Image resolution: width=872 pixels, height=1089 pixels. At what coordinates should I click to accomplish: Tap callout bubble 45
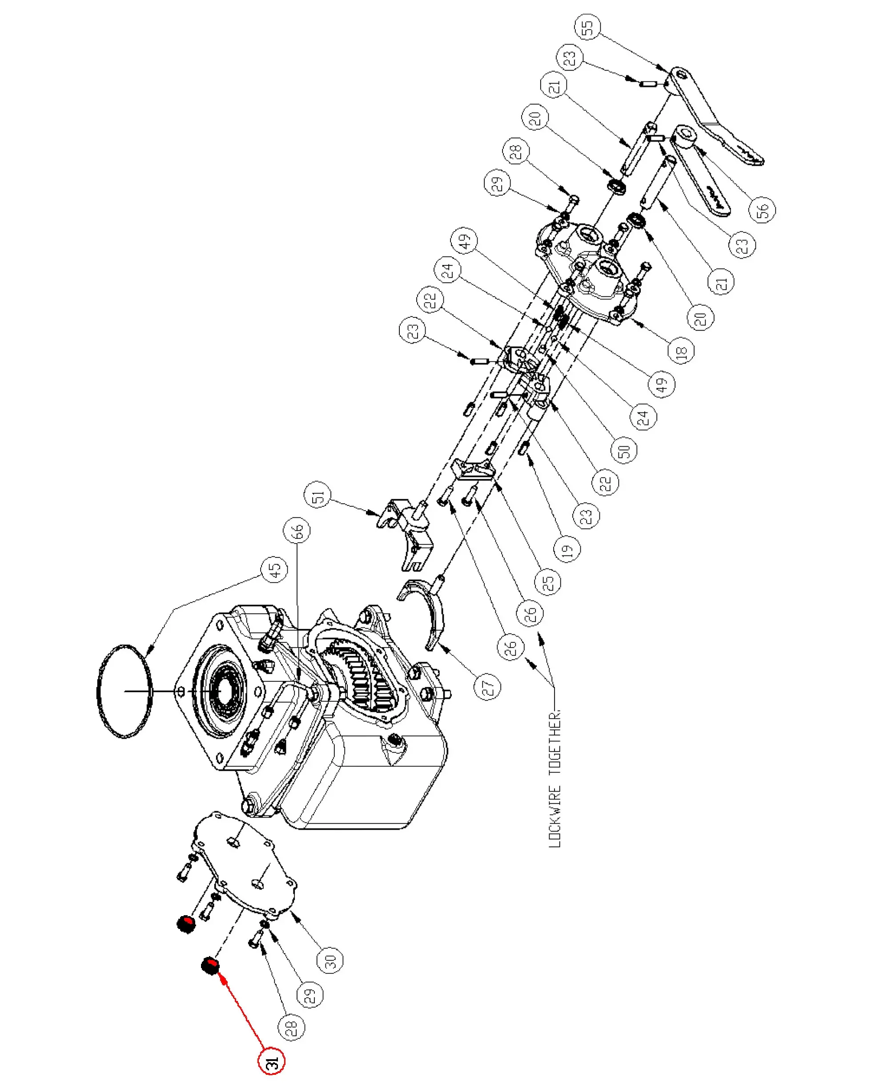click(x=274, y=570)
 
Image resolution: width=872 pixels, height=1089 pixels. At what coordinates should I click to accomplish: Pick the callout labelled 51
click(x=318, y=496)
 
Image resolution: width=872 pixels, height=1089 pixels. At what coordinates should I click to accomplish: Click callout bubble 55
click(x=587, y=27)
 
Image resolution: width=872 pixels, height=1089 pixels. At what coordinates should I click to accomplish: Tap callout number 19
click(x=567, y=549)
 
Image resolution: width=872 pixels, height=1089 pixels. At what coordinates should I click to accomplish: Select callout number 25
click(x=548, y=581)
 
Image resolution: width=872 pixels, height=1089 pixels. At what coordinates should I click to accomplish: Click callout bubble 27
click(x=487, y=686)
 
